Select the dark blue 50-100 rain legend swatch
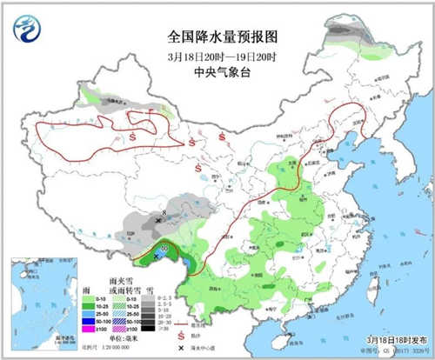[100, 321]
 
